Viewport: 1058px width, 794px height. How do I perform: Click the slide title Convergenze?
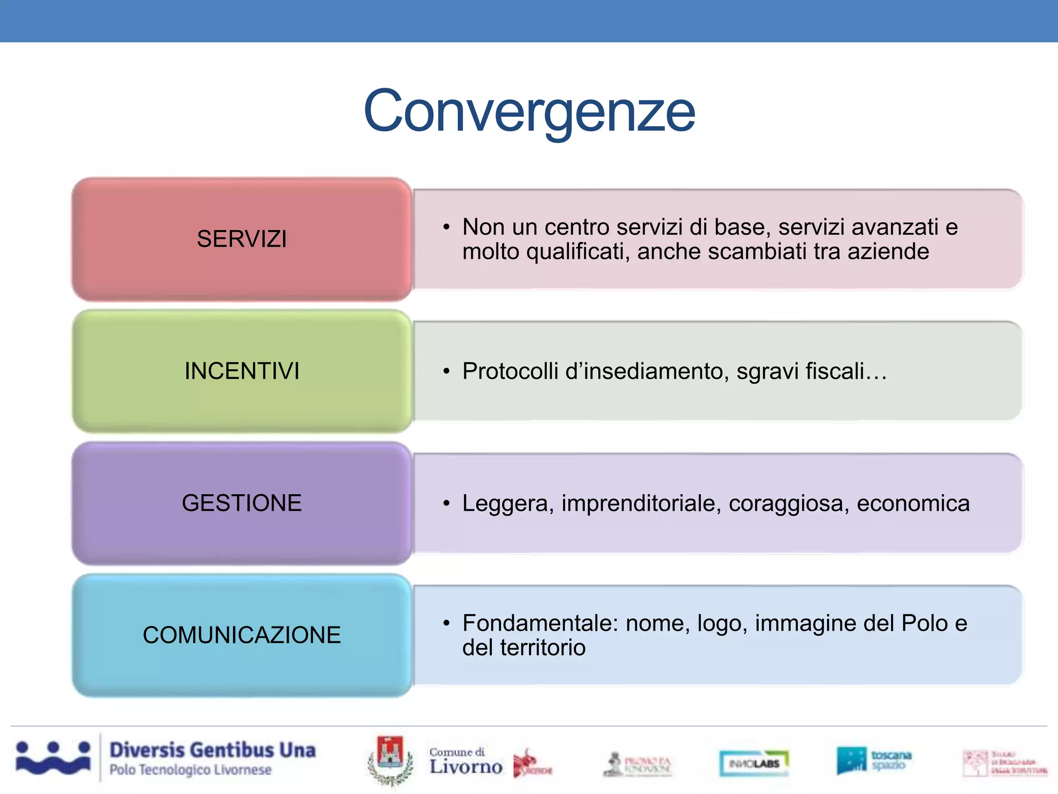click(x=529, y=111)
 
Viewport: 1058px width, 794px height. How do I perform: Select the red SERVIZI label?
click(x=242, y=239)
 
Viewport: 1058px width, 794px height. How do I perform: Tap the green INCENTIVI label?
click(x=242, y=371)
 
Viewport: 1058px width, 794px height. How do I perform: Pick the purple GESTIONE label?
click(x=242, y=503)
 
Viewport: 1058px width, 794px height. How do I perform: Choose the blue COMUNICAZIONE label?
click(x=242, y=635)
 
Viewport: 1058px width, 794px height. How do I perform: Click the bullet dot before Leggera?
click(x=446, y=503)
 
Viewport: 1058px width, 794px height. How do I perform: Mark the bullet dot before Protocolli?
click(x=446, y=371)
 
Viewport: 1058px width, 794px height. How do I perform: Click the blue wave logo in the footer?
click(x=53, y=758)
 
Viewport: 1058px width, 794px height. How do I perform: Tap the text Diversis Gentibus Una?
click(x=212, y=750)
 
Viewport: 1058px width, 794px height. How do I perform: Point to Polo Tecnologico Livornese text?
click(x=190, y=770)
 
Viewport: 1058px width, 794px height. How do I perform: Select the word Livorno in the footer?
click(x=466, y=767)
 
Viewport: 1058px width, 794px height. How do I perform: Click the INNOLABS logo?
click(x=754, y=763)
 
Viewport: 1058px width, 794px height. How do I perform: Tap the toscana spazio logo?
click(x=874, y=760)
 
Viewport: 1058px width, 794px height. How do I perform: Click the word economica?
click(x=913, y=503)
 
